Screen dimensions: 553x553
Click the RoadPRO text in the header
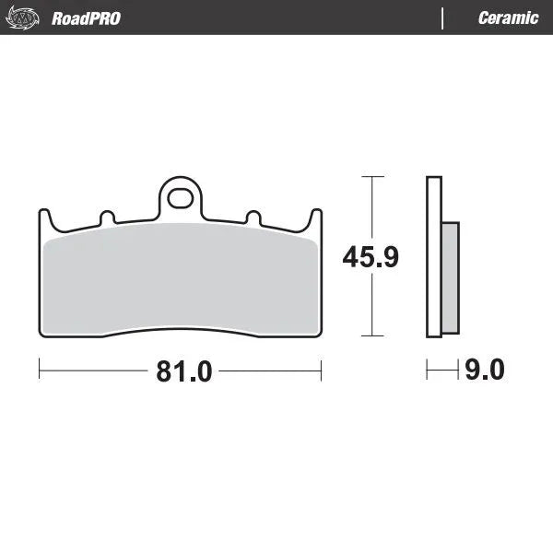point(86,18)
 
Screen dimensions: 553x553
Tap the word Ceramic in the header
point(508,18)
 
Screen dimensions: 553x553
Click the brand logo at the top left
point(25,18)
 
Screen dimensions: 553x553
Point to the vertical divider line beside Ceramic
point(443,18)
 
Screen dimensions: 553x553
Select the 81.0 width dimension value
point(184,371)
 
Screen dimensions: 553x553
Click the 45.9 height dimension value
point(371,257)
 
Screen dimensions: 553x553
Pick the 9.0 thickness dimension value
point(485,371)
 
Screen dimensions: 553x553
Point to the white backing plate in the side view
point(434,258)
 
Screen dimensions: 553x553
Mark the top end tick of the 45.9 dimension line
point(371,175)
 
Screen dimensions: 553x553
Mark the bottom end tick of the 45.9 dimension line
point(371,336)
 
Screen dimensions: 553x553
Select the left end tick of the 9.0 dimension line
point(427,371)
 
